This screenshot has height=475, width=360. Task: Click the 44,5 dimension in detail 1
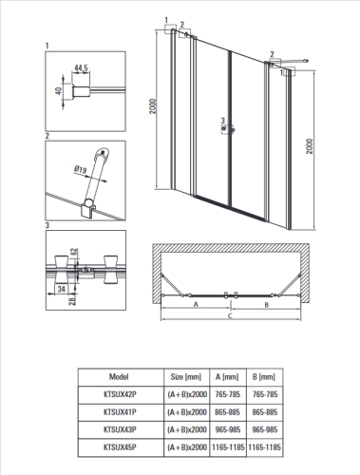81,67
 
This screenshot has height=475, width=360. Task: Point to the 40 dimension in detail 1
58,91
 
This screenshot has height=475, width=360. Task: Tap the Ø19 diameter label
81,170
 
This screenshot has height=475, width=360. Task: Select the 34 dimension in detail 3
61,289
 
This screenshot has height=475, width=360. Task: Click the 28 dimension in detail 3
72,300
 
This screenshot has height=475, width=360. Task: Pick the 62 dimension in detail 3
74,253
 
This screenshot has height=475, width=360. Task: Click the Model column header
119,377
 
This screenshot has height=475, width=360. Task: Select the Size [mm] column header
186,377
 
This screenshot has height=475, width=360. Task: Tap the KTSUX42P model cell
120,394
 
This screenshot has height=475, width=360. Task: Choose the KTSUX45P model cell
120,447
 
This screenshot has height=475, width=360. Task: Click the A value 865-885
228,412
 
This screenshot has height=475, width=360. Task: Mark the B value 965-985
265,429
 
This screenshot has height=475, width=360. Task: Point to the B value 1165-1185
265,447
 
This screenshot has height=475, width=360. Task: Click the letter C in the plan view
230,315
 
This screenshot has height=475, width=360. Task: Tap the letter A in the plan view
196,304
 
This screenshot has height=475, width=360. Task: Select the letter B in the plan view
267,305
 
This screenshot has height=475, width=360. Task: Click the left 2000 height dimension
153,106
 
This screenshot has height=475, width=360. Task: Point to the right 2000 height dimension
310,146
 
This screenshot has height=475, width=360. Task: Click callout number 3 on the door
223,121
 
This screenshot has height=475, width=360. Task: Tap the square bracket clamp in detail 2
88,211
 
